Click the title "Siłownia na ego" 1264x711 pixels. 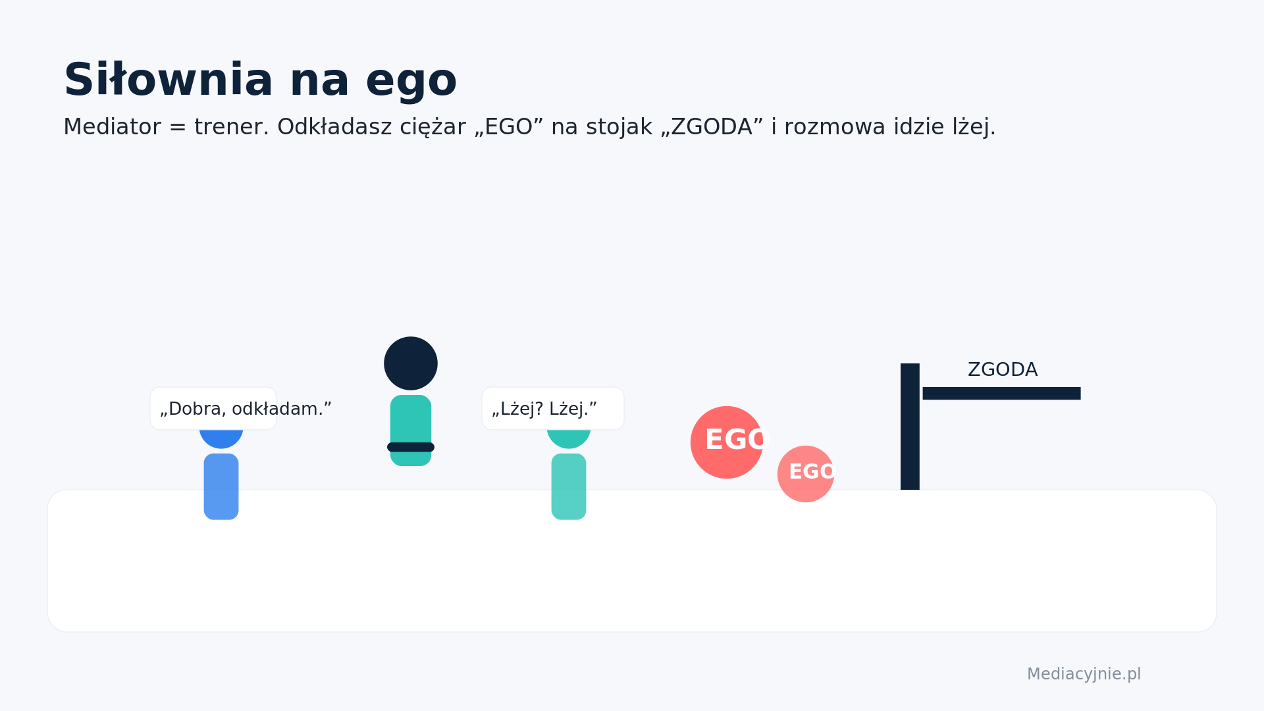[260, 81]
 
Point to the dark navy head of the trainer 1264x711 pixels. [411, 363]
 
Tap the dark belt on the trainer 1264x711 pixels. [411, 448]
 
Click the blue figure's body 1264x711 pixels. [221, 487]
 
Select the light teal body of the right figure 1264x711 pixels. [569, 487]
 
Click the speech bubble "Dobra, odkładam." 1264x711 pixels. [213, 408]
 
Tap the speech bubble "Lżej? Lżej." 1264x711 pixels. [553, 408]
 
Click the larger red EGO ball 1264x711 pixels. [727, 442]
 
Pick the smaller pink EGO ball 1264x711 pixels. [806, 474]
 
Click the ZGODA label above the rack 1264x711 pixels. [1003, 370]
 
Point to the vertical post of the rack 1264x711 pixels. [910, 427]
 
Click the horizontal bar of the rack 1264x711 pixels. [1001, 393]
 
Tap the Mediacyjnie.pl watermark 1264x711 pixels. [1084, 674]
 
